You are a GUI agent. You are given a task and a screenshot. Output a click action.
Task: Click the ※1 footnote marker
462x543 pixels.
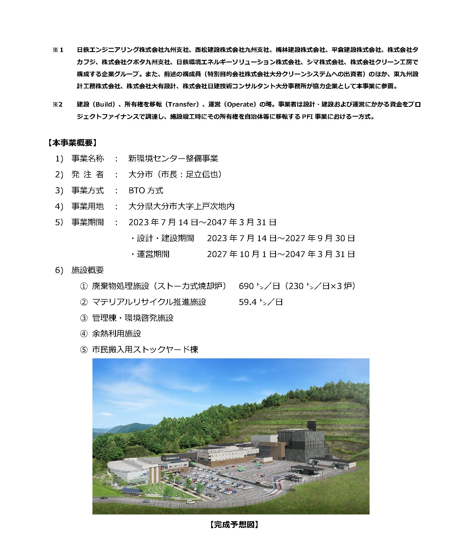point(58,50)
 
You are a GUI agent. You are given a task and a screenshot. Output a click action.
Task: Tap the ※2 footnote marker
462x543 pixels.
point(58,105)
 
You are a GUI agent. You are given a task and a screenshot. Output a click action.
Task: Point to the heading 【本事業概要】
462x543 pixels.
point(72,143)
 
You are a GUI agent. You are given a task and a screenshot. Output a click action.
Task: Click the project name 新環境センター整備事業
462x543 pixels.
point(173,159)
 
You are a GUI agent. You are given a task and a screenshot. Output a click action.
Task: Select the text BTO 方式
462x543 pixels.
point(146,191)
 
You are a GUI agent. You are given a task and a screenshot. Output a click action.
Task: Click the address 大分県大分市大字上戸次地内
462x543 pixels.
point(181,206)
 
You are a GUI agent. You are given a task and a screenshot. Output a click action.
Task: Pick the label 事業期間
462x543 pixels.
point(87,222)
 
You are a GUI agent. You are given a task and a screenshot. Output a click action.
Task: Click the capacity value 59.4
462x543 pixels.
point(247,302)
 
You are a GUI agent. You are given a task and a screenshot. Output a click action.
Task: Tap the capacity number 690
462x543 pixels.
point(246,286)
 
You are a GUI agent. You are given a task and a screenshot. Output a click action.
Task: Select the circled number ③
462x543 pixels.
point(84,318)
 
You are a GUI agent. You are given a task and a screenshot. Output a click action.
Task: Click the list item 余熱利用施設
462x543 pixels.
point(116,334)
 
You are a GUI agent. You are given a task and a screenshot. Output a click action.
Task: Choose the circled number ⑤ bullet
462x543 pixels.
point(84,350)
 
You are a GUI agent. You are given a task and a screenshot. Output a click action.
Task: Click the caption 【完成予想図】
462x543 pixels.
point(234,525)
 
